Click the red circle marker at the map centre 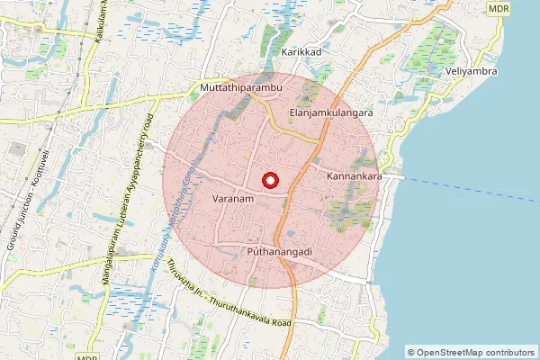tap(269, 180)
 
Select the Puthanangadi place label tap(279, 253)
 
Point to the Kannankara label tap(355, 176)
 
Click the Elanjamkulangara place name tap(331, 112)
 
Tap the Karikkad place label tap(301, 53)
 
